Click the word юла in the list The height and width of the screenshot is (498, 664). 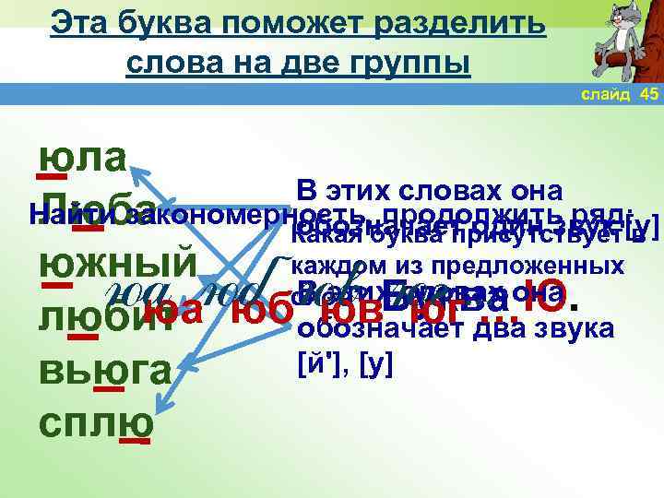[x=82, y=156]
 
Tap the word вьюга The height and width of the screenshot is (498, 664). [x=104, y=373]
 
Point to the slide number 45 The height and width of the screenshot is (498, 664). [x=648, y=96]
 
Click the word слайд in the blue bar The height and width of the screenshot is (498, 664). [x=607, y=96]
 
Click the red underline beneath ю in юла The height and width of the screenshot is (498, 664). [x=51, y=176]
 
